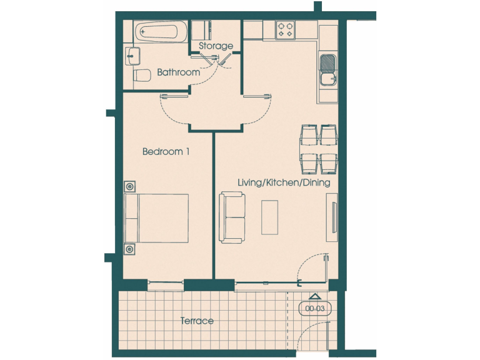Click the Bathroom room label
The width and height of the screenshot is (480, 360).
[x=178, y=72]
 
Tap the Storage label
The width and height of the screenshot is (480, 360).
[x=216, y=46]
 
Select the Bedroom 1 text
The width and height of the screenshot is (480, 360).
[x=166, y=151]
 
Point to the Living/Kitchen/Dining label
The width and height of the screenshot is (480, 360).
[x=283, y=182]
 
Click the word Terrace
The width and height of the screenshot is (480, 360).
[x=197, y=321]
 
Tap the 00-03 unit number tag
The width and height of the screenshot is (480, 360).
[x=315, y=308]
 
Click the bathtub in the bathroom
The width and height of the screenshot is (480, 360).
[x=160, y=31]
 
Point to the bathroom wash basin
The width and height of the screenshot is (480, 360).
[x=131, y=55]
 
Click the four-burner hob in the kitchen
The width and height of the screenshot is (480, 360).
[x=286, y=29]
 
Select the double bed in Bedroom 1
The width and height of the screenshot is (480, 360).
[x=157, y=217]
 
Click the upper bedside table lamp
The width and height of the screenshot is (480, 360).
[x=130, y=186]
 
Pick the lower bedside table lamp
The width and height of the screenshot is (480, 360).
[x=130, y=249]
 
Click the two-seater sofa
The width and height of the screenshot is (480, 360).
[x=232, y=217]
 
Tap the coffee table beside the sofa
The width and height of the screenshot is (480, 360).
[x=269, y=217]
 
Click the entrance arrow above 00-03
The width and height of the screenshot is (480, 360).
[x=315, y=296]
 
